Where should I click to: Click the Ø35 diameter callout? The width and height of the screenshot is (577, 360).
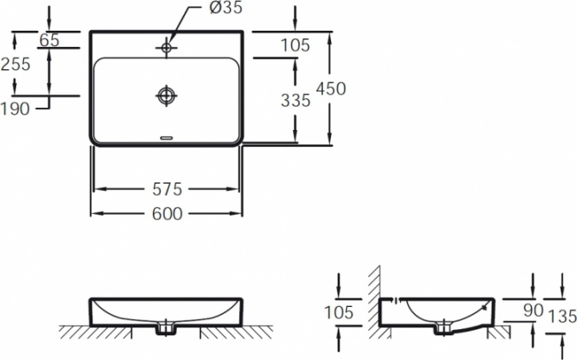point(226,8)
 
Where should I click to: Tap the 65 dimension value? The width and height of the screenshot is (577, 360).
point(50,39)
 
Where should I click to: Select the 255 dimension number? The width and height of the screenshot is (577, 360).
point(15,64)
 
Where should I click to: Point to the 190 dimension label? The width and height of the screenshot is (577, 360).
point(15,109)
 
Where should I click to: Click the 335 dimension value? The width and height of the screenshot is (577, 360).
point(296,100)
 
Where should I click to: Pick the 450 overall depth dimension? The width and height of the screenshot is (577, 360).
point(331,89)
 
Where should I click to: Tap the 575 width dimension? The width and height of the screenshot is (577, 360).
point(168,189)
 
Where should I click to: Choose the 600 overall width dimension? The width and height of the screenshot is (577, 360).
point(168,214)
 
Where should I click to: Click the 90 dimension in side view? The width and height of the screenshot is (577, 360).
point(533,310)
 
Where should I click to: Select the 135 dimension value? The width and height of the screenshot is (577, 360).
point(562,316)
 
